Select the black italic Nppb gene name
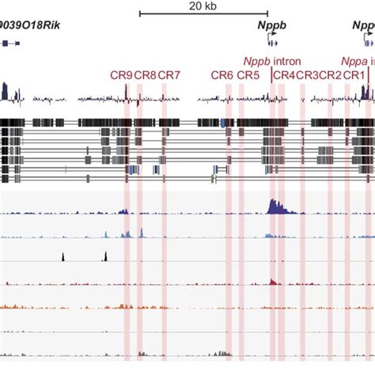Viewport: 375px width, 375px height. (x=271, y=25)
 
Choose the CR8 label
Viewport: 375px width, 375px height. (x=145, y=75)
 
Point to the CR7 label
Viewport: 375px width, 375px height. (x=169, y=75)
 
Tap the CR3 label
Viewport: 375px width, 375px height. (x=307, y=75)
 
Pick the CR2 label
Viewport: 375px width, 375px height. (x=331, y=75)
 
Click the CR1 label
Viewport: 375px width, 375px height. (x=354, y=75)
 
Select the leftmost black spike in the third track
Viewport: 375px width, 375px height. (x=63, y=256)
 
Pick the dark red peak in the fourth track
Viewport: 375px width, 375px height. (x=273, y=281)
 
